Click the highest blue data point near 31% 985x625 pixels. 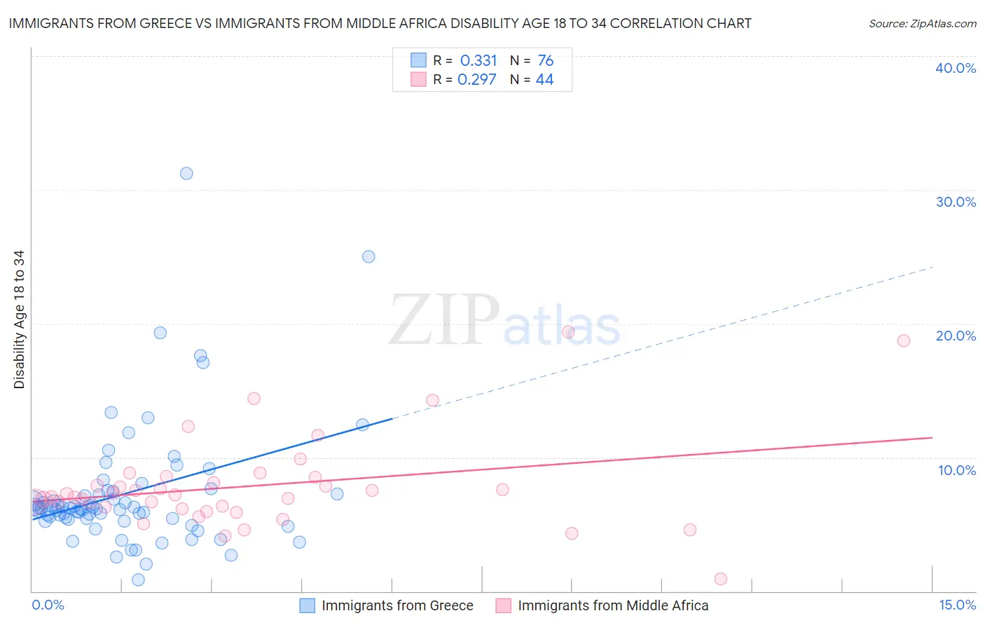tap(186, 173)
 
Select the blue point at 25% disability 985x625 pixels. tap(368, 256)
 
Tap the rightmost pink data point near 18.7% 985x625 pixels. tap(904, 341)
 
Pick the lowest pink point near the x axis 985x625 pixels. tap(721, 579)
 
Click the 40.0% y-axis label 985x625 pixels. tap(956, 68)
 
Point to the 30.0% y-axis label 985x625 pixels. tap(956, 202)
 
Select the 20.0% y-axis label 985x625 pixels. tap(956, 336)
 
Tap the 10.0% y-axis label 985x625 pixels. tap(957, 470)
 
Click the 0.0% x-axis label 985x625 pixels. tap(48, 605)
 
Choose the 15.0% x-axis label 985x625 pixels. tap(957, 605)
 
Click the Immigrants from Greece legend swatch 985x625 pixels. tap(307, 605)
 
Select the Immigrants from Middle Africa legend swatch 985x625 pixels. tap(503, 605)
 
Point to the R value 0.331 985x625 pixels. tap(478, 60)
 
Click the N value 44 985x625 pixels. tap(544, 79)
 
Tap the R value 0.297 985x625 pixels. tap(477, 79)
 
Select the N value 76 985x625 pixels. tap(545, 60)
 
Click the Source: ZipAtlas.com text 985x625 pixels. tap(923, 23)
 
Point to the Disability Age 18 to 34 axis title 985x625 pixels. tap(19, 320)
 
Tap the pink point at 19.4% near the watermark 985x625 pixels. tap(568, 332)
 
